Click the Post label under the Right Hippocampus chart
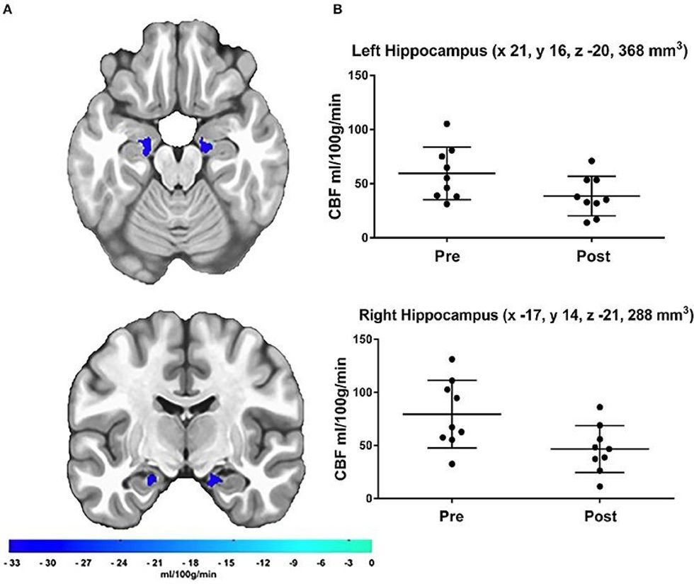600,516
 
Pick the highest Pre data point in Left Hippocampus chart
447,124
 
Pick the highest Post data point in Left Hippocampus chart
591,161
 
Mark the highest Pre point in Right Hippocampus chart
451,359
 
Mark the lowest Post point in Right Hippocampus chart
601,486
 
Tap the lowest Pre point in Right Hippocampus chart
451,464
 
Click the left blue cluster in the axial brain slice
147,147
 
